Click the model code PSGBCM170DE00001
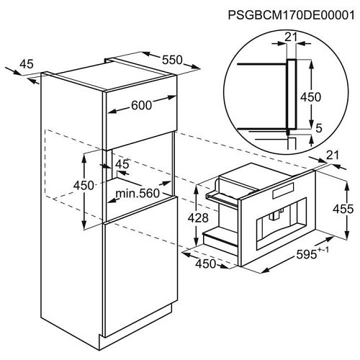291,15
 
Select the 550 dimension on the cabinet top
172,60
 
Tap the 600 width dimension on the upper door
142,105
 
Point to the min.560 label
138,193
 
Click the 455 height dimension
343,209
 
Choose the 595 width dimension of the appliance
307,254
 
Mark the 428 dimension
198,218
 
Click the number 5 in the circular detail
318,128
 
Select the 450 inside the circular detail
311,97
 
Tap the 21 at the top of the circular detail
291,37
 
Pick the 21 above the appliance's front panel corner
333,155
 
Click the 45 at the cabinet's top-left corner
27,64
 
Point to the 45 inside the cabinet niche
122,164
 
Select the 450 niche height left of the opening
84,186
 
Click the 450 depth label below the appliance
206,264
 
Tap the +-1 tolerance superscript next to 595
323,250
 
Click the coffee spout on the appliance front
275,215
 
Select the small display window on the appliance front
283,191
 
